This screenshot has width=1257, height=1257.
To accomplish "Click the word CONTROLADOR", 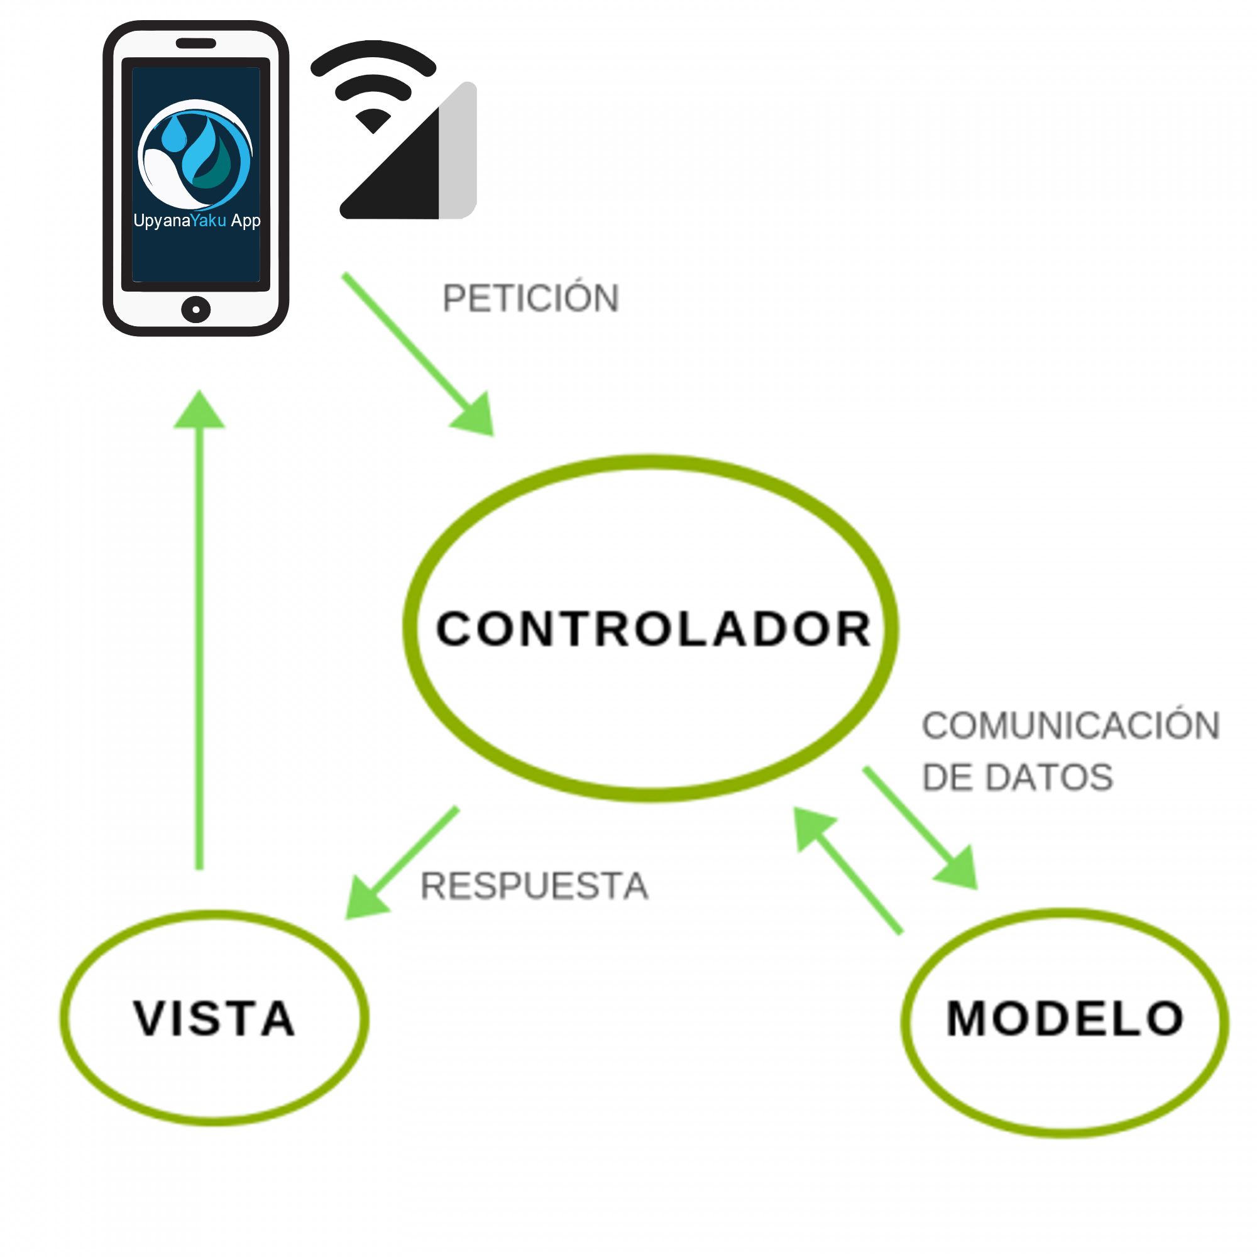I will [x=653, y=629].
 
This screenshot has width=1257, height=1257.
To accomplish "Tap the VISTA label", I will [x=215, y=1018].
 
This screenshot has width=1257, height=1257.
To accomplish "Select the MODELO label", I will [x=1065, y=1018].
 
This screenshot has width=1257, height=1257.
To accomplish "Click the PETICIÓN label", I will [x=530, y=299].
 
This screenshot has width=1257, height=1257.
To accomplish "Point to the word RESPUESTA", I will [x=534, y=886].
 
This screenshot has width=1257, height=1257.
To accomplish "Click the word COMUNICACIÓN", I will [x=1070, y=726].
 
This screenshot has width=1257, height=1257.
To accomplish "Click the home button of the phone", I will [x=196, y=310].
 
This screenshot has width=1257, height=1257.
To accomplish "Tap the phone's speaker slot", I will [x=196, y=43].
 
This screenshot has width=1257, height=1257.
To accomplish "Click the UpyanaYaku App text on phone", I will [x=197, y=221].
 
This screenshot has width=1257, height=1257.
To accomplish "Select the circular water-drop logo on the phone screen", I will [x=195, y=155].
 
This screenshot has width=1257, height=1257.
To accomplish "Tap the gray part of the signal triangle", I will [x=458, y=156].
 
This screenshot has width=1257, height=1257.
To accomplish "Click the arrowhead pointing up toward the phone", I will [x=199, y=411].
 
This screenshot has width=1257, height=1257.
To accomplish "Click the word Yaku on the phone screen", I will [x=209, y=221].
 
